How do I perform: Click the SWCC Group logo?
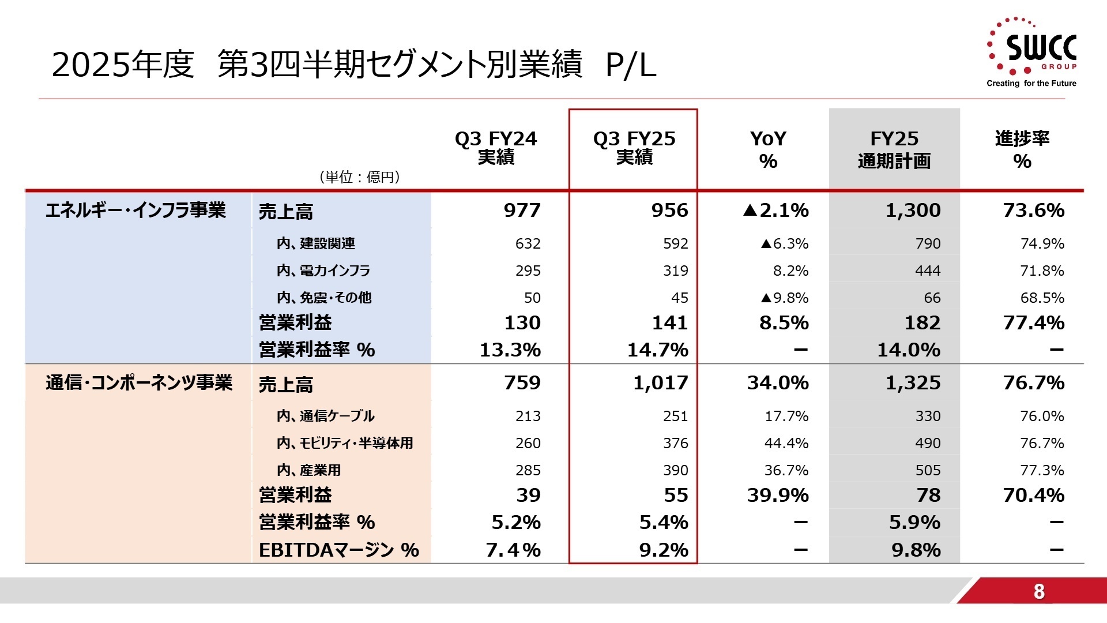click(x=1031, y=52)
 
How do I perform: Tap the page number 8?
click(x=1039, y=591)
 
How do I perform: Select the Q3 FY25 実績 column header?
click(x=634, y=148)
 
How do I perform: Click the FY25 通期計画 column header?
click(x=894, y=149)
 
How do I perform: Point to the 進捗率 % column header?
click(x=1022, y=149)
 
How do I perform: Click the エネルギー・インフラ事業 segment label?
click(x=135, y=210)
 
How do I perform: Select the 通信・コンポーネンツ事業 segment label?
click(x=139, y=382)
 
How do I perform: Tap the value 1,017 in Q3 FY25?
click(x=661, y=383)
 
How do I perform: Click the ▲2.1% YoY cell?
click(x=776, y=211)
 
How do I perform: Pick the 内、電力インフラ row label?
click(x=323, y=271)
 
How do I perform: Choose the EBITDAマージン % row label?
click(x=338, y=550)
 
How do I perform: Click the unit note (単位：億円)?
click(x=360, y=177)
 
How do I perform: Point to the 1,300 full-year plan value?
click(x=913, y=211)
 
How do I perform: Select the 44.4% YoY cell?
click(x=786, y=443)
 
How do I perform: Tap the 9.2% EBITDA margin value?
click(x=664, y=550)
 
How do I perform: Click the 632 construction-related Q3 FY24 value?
click(x=528, y=243)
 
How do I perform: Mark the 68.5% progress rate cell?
click(x=1042, y=298)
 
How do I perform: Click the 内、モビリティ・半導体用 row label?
click(x=345, y=443)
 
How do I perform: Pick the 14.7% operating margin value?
click(x=658, y=350)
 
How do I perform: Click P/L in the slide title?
click(x=631, y=66)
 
